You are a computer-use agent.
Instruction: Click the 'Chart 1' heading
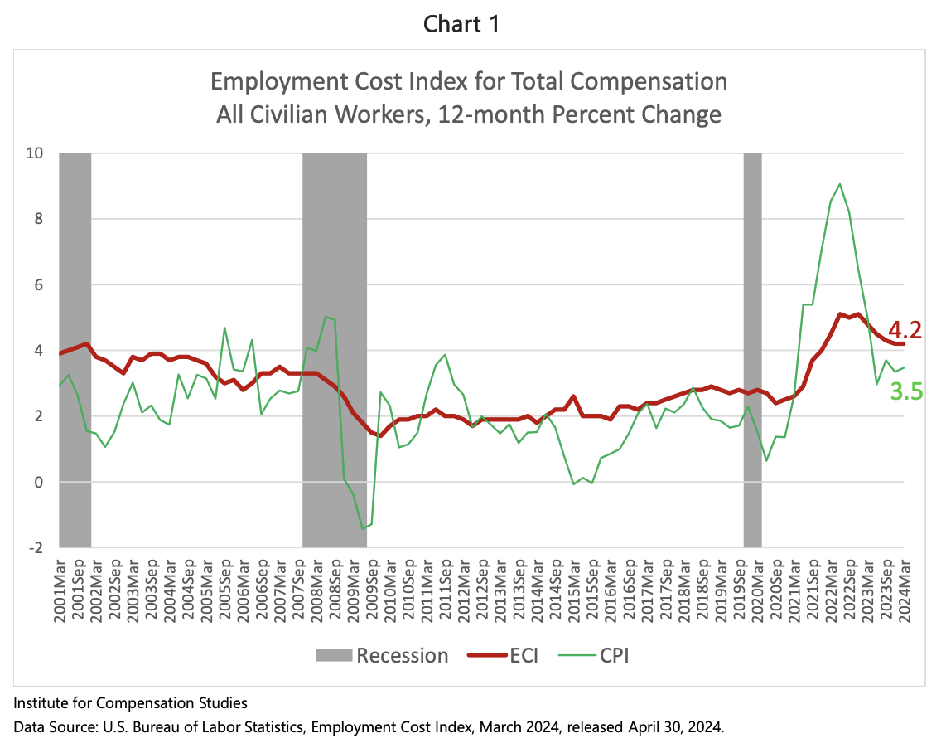point(461,25)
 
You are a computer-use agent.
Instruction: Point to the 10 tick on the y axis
point(37,153)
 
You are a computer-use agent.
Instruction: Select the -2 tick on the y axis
point(37,548)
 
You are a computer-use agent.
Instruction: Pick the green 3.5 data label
point(906,391)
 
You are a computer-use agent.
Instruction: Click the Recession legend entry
point(382,656)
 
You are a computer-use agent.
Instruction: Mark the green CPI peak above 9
point(840,184)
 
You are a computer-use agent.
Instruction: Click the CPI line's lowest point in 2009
point(362,528)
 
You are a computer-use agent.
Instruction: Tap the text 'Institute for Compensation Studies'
point(130,704)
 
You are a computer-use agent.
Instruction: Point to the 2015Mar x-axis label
point(573,589)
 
